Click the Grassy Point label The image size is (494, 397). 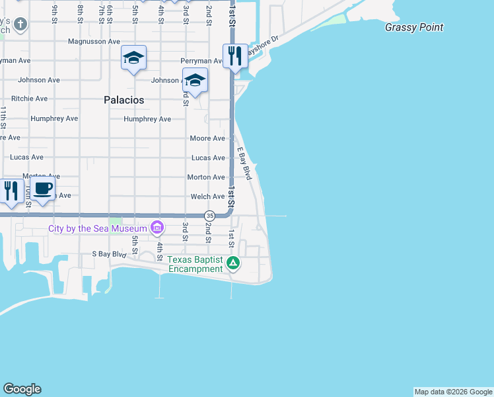pos(414,28)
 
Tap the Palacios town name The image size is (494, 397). pos(123,100)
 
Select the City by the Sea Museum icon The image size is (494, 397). pos(157,228)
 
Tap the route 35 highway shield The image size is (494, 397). pos(209,216)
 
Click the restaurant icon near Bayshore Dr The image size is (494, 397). pos(234,56)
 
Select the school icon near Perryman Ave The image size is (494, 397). pos(195,80)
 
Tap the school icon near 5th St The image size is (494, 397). pos(133,58)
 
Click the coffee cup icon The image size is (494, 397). pos(43,190)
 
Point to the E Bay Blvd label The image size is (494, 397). pos(245,163)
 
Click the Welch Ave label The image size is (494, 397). pos(207,197)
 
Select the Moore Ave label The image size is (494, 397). pos(207,138)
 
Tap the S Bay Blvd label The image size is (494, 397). pos(108,254)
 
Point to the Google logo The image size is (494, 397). pos(22,389)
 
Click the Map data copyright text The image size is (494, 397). pos(452,392)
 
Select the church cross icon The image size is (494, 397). pos(20,25)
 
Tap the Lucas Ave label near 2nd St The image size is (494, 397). pos(208,158)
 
